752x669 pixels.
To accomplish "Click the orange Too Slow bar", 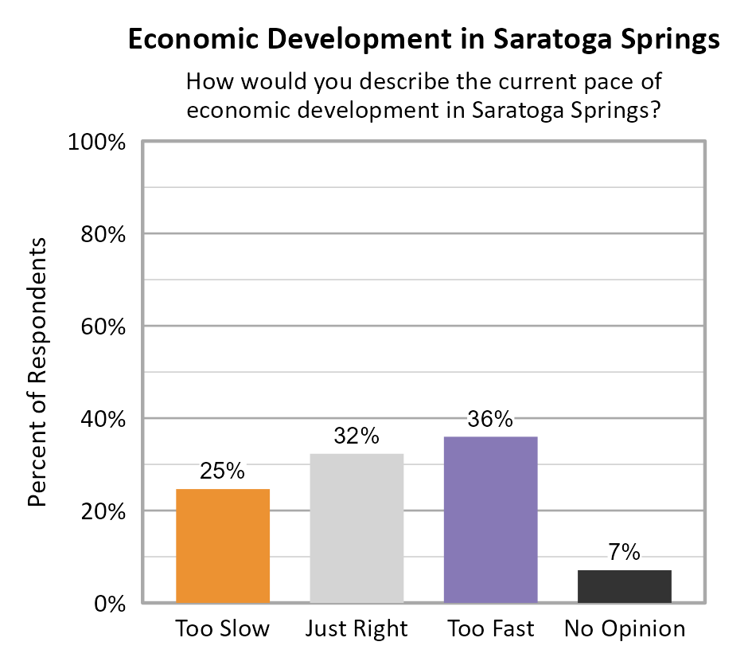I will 222,546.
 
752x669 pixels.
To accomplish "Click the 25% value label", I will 222,471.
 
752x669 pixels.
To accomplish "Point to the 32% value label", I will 357,436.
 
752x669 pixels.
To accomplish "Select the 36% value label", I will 490,420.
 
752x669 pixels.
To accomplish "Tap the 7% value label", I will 624,553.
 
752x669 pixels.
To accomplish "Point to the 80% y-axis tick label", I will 103,235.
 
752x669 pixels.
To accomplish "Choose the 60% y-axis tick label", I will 103,327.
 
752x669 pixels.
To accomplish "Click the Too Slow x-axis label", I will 222,629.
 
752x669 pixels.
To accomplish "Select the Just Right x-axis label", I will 357,629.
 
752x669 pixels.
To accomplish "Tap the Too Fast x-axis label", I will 490,629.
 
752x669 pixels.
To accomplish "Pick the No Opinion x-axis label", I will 624,629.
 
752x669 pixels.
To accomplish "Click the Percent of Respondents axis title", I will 37,373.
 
